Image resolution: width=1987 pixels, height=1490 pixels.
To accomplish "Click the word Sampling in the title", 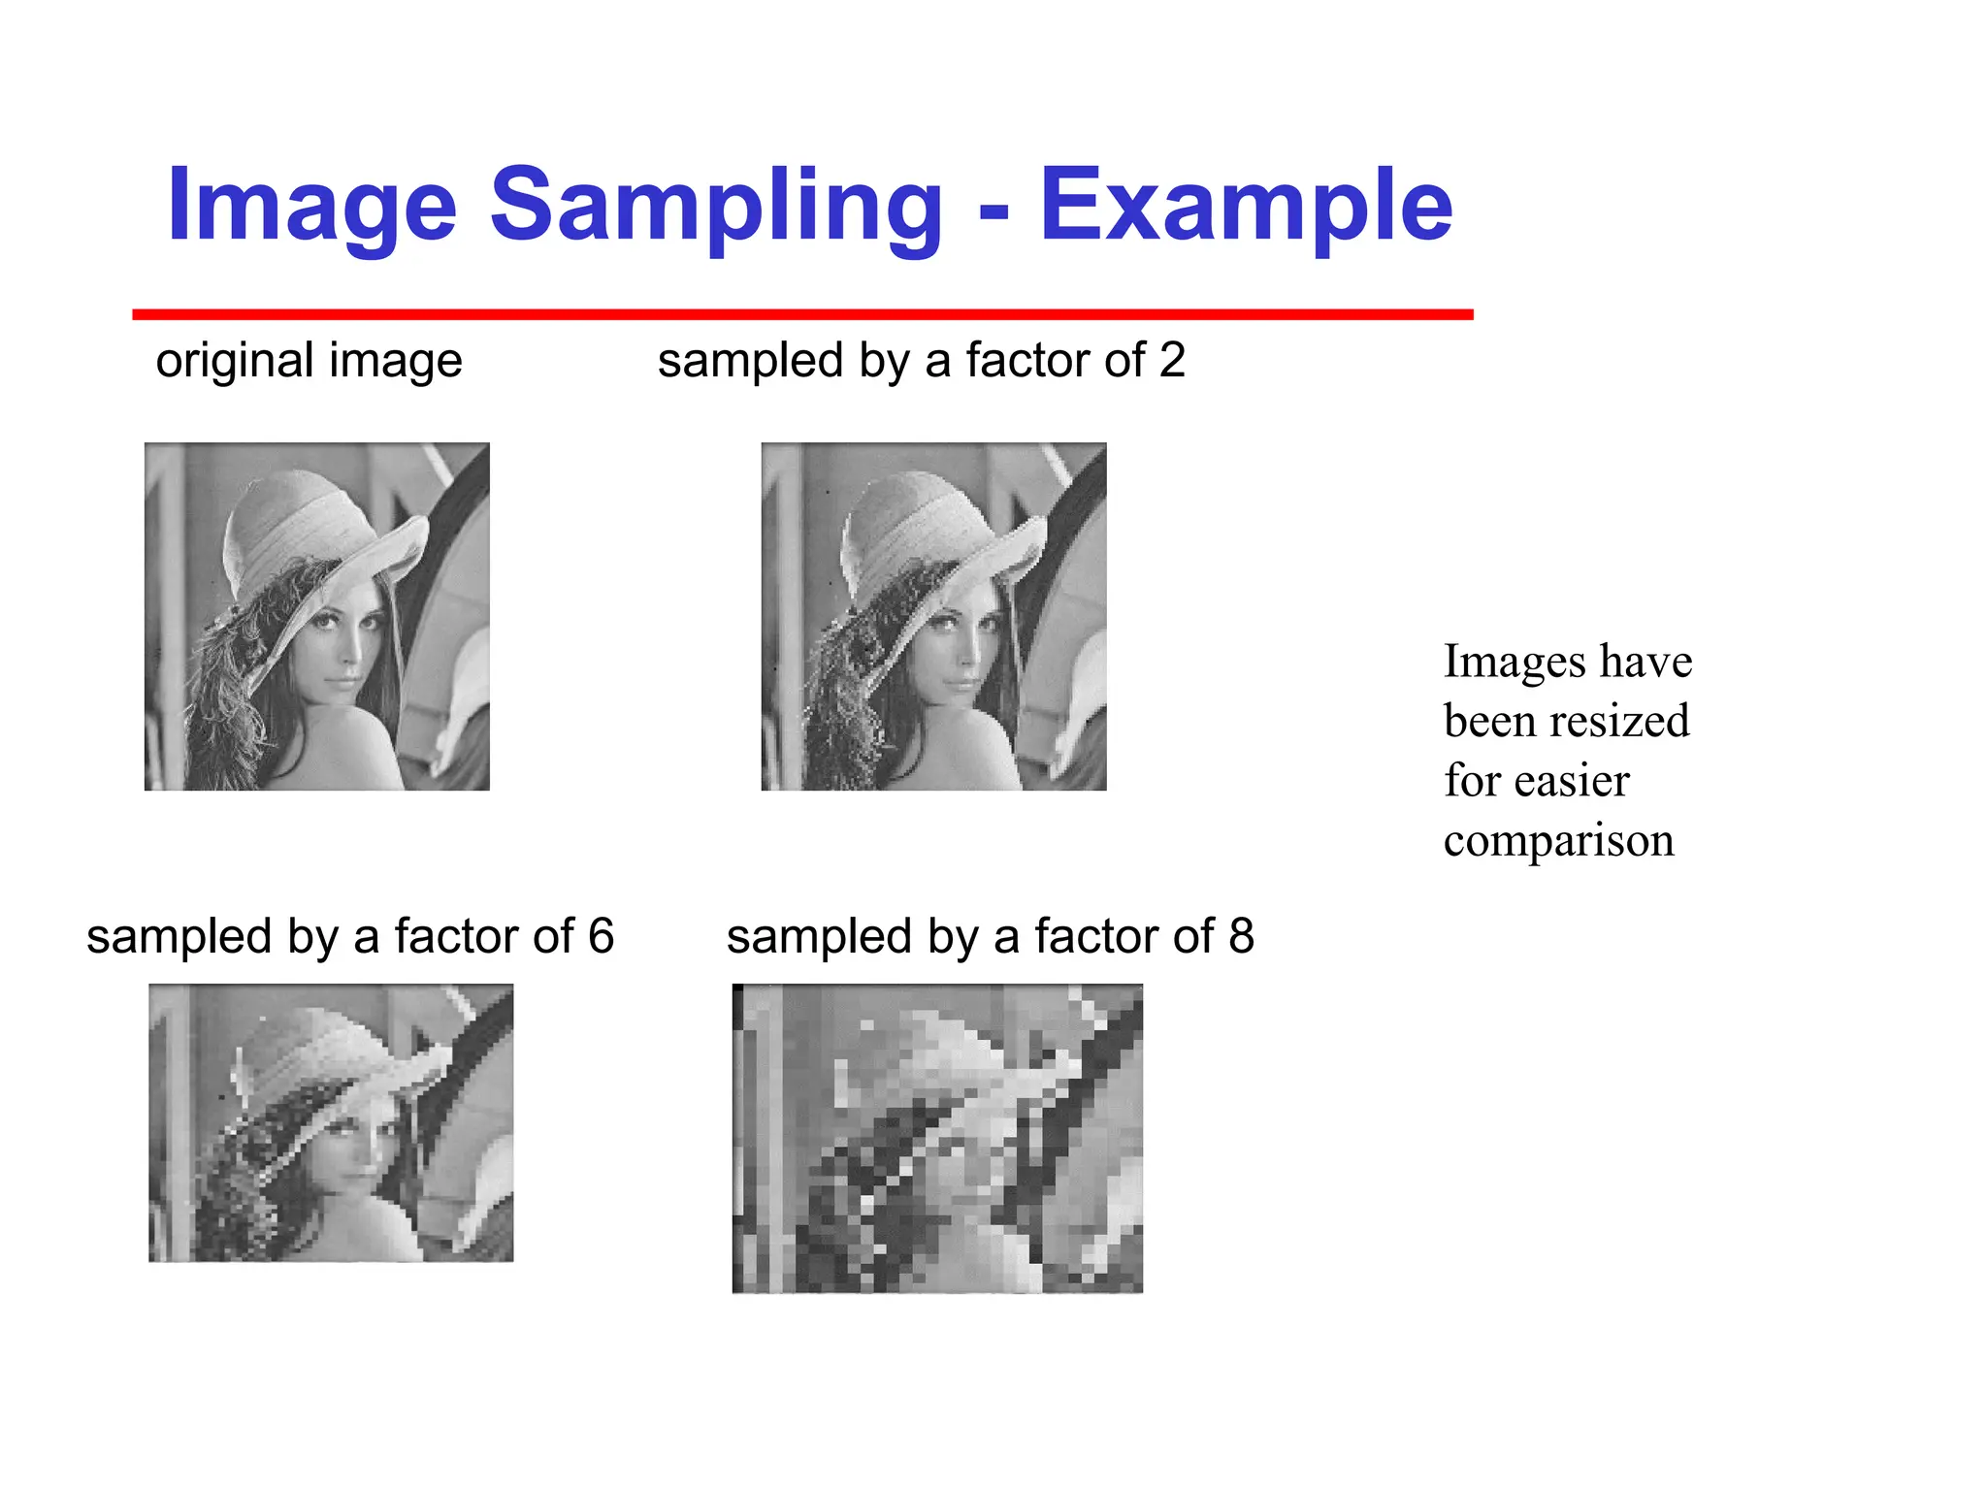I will (716, 206).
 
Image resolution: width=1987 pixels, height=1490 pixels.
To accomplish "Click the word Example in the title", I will (1246, 206).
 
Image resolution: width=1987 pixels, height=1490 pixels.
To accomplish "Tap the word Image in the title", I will (311, 206).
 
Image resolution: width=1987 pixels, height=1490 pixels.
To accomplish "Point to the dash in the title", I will (993, 211).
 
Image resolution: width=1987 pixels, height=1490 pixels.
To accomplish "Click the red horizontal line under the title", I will (802, 314).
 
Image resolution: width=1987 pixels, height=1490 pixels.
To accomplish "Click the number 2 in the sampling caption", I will (1172, 360).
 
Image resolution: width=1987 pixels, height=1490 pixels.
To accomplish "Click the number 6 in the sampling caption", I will (601, 936).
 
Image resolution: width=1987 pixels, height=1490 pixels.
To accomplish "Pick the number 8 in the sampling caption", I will (1241, 936).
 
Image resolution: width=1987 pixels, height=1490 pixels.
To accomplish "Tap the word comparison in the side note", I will (1558, 840).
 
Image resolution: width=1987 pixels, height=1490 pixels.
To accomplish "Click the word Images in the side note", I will (1515, 662).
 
